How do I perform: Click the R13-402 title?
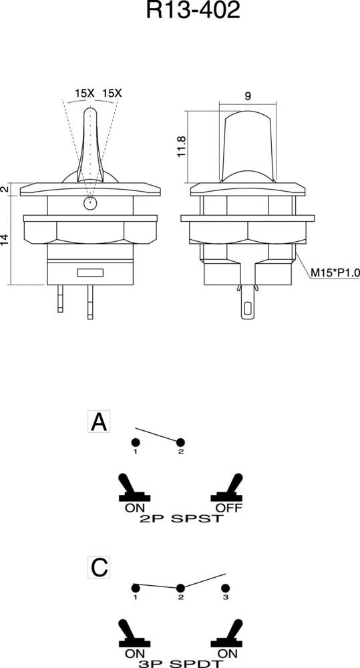tap(193, 10)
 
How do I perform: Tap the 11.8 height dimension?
tap(181, 146)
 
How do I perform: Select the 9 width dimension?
tap(248, 96)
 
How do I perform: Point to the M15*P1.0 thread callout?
tap(335, 273)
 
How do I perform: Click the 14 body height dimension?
tap(5, 239)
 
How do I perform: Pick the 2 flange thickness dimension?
tap(5, 189)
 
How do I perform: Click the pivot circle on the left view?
tap(89, 204)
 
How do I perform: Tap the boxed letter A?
tap(99, 422)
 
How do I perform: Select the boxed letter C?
tap(99, 567)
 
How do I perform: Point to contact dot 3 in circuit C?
tap(225, 589)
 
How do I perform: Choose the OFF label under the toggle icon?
tap(229, 508)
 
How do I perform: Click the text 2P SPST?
tap(181, 519)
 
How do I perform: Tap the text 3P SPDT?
tap(181, 664)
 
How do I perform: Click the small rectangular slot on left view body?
tap(90, 273)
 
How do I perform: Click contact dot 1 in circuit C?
tap(136, 589)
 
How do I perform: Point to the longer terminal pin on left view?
tap(90, 302)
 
